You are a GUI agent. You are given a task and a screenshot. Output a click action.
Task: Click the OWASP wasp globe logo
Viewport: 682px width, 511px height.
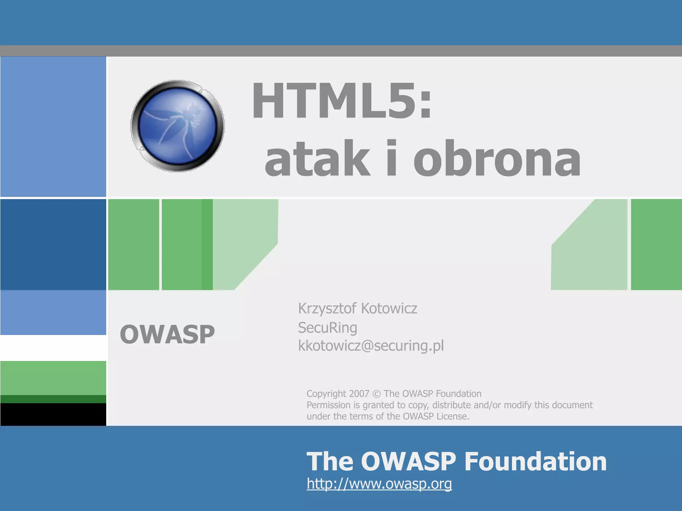[x=177, y=126]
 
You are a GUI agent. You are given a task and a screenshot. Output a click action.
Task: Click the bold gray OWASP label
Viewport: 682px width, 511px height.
[x=167, y=334]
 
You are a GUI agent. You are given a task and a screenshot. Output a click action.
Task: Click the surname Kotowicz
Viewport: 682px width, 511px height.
[x=389, y=308]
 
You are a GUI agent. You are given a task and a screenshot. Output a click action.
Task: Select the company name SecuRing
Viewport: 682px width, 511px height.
[x=327, y=328]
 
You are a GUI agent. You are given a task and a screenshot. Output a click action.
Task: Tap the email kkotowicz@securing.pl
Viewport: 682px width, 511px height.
[x=371, y=346]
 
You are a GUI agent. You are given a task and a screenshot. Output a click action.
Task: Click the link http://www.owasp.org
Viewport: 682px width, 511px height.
[x=379, y=483]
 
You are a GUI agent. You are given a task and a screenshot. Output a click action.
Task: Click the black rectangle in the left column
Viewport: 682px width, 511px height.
[x=53, y=414]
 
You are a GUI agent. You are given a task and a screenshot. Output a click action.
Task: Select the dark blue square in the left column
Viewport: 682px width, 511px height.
[x=53, y=245]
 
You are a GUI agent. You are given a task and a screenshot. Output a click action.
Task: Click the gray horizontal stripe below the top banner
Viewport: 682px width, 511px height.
[x=341, y=51]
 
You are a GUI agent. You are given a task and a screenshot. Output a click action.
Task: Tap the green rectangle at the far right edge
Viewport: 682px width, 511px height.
[x=656, y=245]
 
